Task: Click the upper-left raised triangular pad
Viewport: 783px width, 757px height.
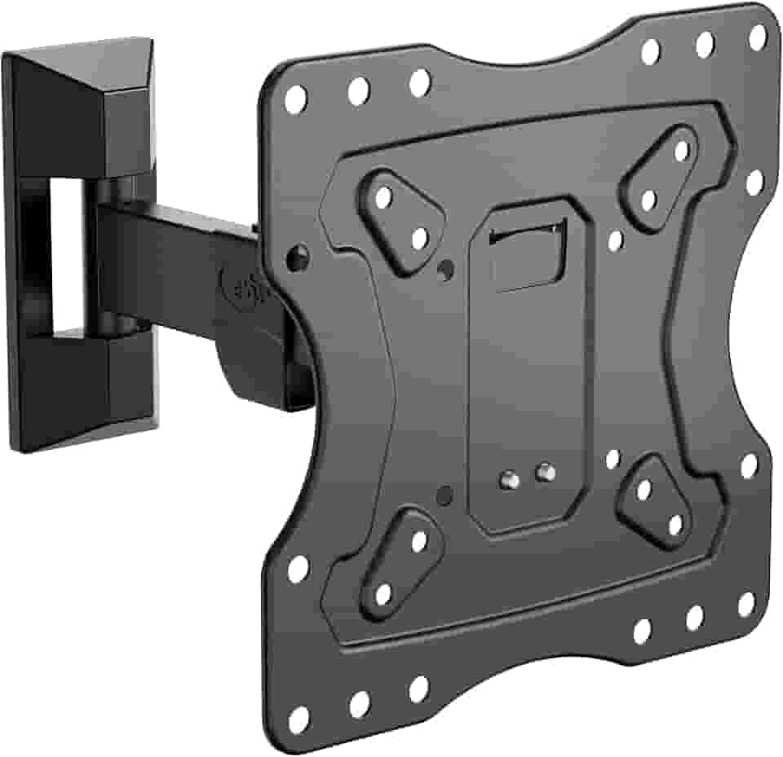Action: [x=400, y=218]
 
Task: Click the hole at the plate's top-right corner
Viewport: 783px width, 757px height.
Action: [x=758, y=36]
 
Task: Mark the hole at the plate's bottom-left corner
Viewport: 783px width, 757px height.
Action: [x=299, y=718]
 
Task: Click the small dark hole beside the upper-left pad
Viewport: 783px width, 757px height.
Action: [x=445, y=269]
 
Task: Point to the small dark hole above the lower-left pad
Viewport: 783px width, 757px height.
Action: [x=445, y=494]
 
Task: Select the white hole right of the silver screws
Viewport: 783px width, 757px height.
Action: [x=613, y=459]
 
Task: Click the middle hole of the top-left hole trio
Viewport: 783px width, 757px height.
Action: [x=358, y=92]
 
